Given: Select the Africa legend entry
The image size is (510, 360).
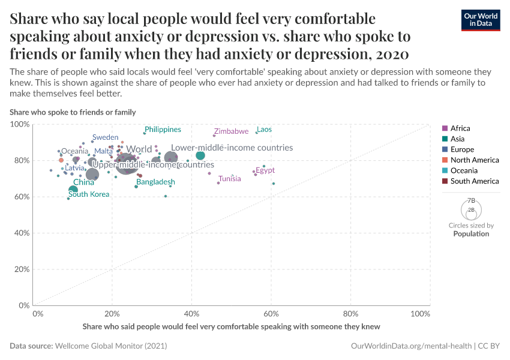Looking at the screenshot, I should [x=460, y=128].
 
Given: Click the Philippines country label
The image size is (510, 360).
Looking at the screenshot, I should [x=163, y=130].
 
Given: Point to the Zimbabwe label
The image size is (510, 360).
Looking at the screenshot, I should [x=231, y=131].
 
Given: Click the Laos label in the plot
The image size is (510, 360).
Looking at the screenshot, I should [x=264, y=130].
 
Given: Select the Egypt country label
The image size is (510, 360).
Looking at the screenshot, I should [x=265, y=170].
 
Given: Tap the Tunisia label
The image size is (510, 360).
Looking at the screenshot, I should [x=230, y=179].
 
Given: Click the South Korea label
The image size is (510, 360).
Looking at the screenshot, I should [x=89, y=194].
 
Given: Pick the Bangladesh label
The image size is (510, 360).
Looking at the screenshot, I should [x=155, y=182].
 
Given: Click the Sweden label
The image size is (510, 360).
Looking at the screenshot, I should [x=105, y=137].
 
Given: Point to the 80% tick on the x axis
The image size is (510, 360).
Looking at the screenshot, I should [x=350, y=314].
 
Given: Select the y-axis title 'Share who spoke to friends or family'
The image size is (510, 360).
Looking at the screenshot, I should [x=73, y=112].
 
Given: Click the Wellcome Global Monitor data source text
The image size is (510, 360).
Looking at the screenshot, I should [x=110, y=346].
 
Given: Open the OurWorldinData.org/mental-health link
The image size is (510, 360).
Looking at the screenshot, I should [x=410, y=346].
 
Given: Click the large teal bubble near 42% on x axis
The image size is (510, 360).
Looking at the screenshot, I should [x=200, y=155].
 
